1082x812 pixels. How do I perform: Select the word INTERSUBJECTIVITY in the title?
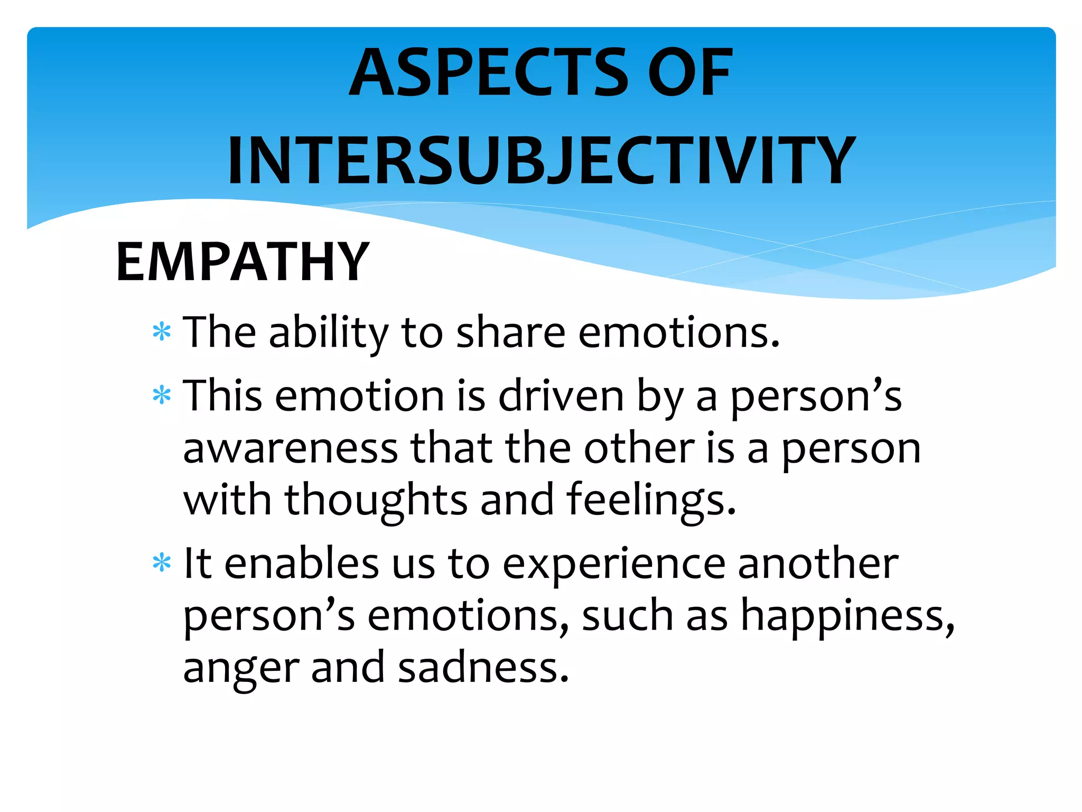541,160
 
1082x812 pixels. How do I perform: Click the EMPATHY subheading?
242,261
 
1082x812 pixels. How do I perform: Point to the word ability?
328,333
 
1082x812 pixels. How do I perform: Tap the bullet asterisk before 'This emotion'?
162,395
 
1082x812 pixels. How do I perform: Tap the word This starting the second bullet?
222,395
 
